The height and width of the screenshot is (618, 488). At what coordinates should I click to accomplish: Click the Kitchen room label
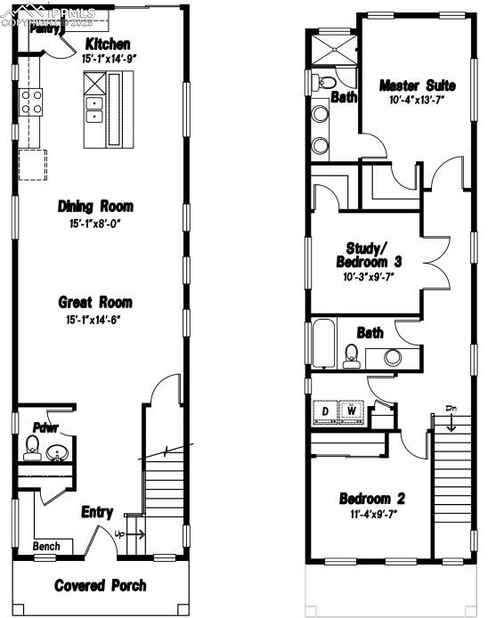coord(108,45)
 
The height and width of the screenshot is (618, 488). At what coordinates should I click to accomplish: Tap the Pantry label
coord(44,28)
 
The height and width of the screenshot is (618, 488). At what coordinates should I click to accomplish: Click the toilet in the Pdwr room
coord(33,445)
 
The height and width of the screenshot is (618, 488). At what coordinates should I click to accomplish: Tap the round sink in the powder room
coord(57,452)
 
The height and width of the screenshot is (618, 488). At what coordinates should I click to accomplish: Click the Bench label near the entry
coord(46,546)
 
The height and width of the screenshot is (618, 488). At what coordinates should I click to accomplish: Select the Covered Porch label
coord(100,585)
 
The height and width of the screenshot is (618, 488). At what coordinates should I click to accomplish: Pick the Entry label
coord(97,512)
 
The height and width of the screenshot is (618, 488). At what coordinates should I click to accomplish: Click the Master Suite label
coord(417,85)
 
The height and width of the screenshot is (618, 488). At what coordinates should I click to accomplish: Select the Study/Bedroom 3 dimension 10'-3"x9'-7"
coord(366,277)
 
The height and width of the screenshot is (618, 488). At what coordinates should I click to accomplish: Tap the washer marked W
coord(354,411)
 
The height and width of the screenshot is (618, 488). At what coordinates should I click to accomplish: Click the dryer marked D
coord(326,411)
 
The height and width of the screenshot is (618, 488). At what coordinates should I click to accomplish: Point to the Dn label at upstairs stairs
coord(451,410)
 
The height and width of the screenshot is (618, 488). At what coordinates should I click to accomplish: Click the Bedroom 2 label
coord(372,498)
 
